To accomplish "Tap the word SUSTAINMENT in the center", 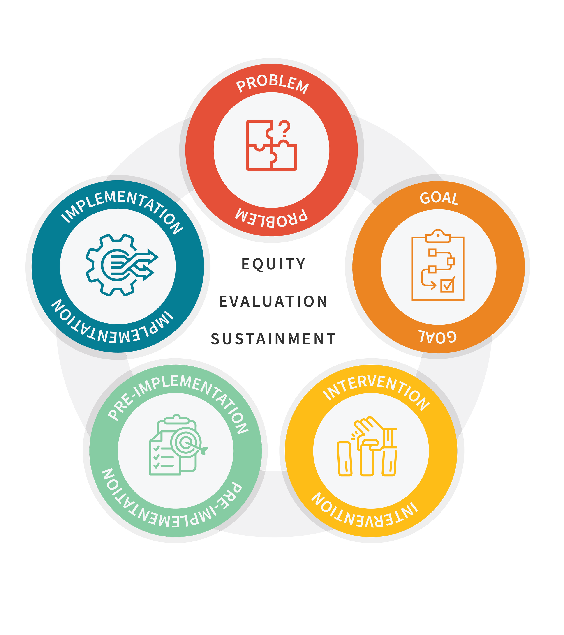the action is click(273, 339).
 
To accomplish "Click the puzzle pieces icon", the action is click(271, 146).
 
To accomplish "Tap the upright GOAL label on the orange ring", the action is click(439, 198).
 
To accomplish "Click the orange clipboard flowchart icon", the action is click(438, 266).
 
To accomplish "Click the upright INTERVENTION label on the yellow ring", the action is click(376, 391).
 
